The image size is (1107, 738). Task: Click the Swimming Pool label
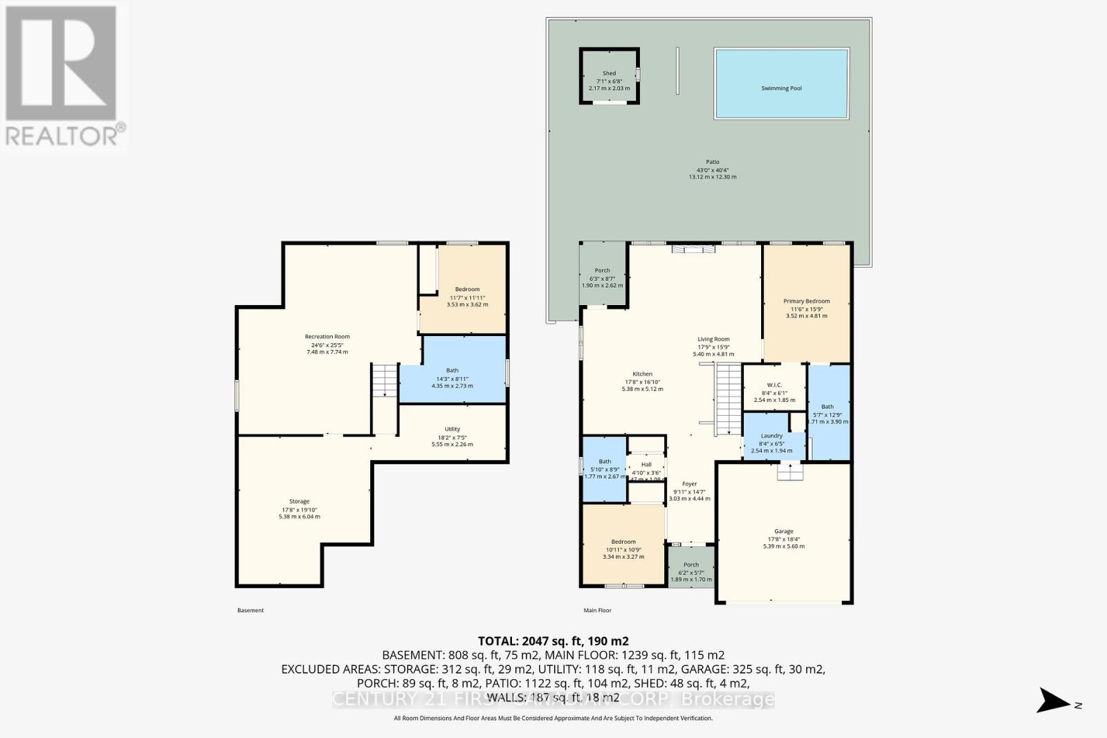coord(781,89)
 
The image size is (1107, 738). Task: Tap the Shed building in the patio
coord(609,76)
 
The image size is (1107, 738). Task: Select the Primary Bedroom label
coord(806,302)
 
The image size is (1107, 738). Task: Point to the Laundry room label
coord(771,436)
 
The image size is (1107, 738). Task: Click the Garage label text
coord(783,532)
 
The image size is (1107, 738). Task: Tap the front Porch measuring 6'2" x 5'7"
coord(690,567)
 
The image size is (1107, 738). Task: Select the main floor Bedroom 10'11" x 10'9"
coord(623,546)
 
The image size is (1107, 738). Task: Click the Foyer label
coord(689,484)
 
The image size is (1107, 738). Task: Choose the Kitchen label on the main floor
coord(642,374)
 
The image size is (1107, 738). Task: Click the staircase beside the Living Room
coord(728,400)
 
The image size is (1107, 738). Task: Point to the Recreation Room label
coord(327,337)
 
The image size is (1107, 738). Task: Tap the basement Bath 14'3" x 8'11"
coord(452,374)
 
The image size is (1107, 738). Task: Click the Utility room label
coord(452,429)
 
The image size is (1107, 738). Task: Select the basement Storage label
coord(299,501)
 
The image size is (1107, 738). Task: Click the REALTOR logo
coord(63,76)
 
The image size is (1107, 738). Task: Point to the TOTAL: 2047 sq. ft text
coord(553,641)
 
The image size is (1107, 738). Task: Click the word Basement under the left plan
coord(250,610)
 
